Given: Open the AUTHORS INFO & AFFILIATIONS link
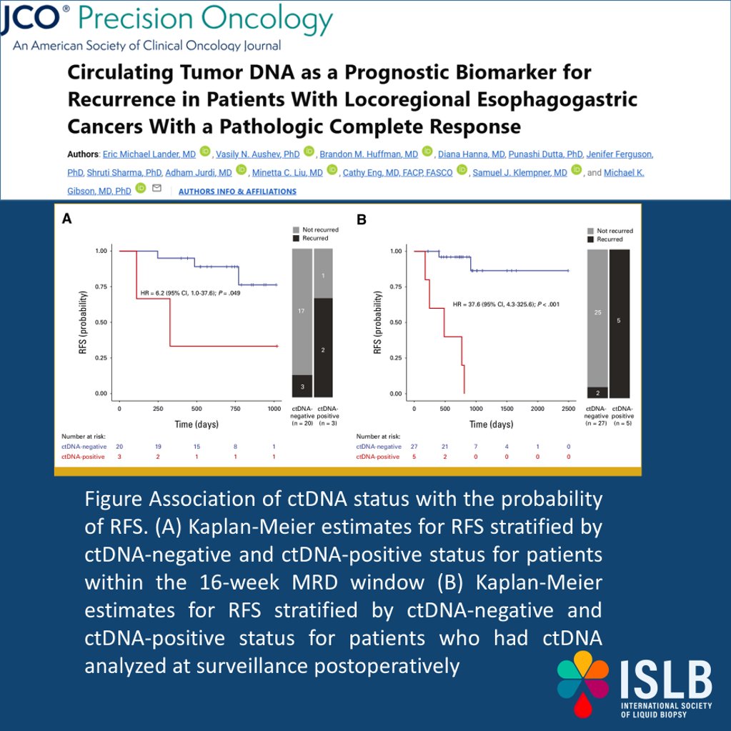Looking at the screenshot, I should click(x=237, y=192).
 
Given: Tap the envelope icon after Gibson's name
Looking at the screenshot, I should click(x=156, y=189).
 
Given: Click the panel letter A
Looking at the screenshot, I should click(x=66, y=219).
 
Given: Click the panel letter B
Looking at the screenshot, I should click(x=362, y=219).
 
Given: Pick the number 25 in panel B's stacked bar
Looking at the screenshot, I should click(x=597, y=313).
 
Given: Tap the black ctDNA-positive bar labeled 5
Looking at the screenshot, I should click(x=620, y=322).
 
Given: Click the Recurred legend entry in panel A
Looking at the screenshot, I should click(x=314, y=238).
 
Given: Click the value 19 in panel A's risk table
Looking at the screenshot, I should click(x=157, y=446).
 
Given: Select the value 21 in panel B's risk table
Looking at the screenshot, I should click(x=445, y=446).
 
